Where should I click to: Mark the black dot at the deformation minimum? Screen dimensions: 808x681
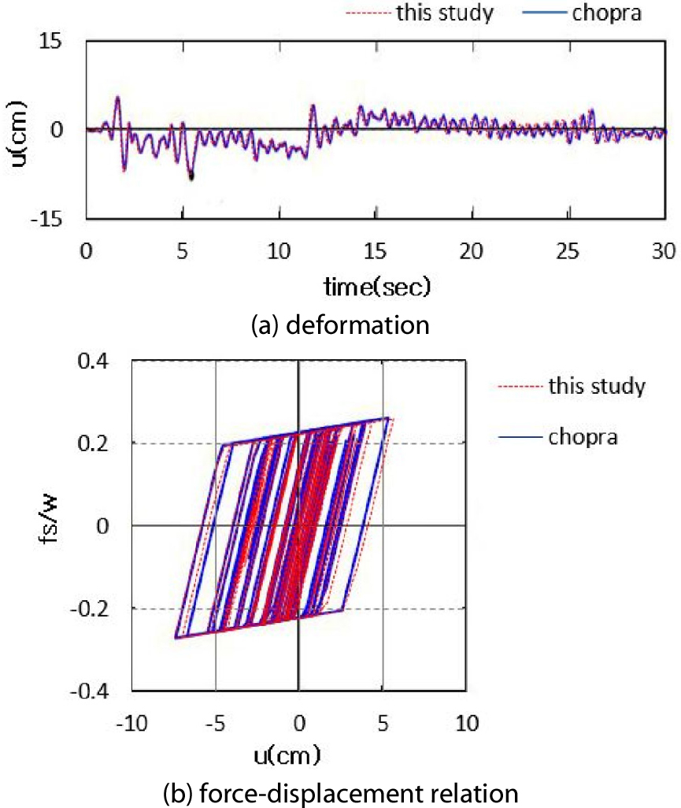[x=191, y=176]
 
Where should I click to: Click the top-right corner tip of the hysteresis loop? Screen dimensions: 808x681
[x=388, y=418]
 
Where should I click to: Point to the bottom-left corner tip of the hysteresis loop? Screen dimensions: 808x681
[x=175, y=638]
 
